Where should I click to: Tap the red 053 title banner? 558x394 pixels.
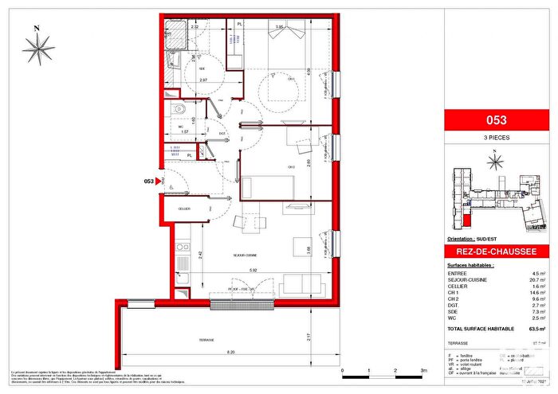tap(496, 121)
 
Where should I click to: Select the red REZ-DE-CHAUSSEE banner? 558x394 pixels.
tap(496, 252)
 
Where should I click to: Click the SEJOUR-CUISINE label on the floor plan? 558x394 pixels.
tap(232, 256)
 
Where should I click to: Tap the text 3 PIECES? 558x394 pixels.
tap(496, 138)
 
